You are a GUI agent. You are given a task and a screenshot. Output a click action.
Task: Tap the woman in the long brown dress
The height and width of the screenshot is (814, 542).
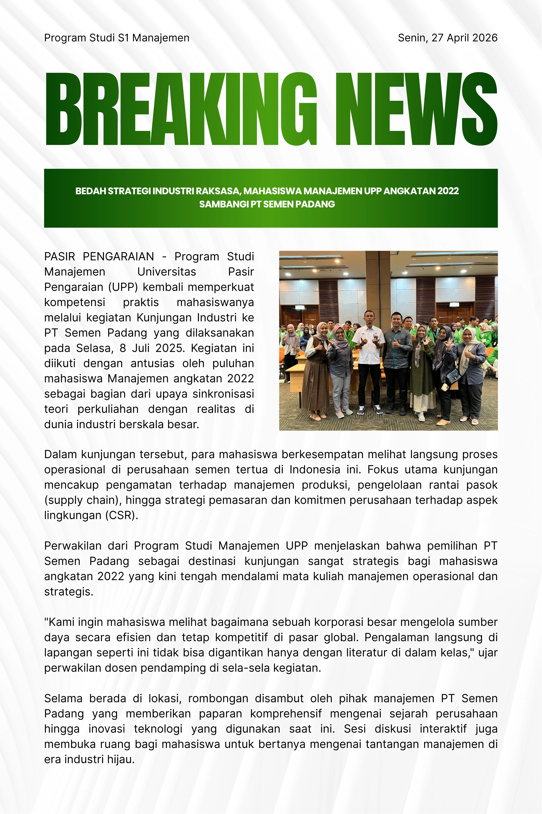click(316, 370)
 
